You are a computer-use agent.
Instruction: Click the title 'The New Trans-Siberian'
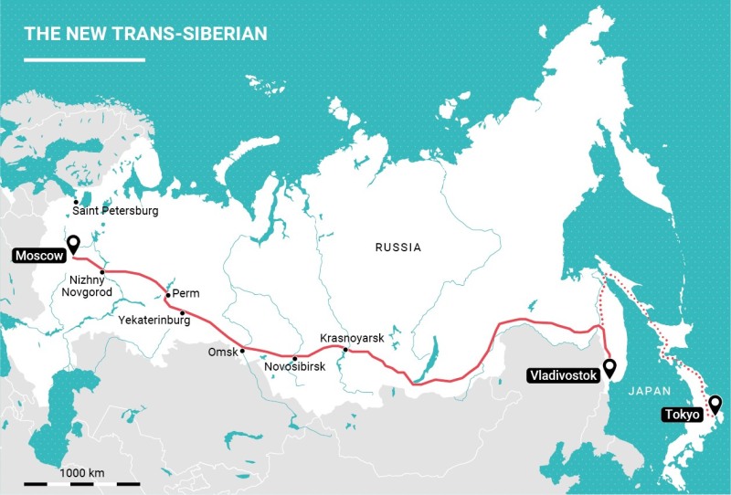click(146, 34)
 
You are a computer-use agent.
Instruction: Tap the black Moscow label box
click(37, 257)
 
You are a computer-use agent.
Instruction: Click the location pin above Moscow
click(74, 243)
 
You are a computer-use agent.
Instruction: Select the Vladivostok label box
click(562, 374)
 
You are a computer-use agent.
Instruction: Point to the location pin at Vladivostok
click(609, 367)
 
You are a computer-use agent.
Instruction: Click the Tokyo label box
click(681, 415)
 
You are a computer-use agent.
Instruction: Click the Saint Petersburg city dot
click(76, 202)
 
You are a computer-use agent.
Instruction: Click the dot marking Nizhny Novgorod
click(102, 272)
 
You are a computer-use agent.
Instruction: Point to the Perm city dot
click(168, 295)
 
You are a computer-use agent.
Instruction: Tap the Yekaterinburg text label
click(154, 321)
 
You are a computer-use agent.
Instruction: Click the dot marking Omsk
click(241, 350)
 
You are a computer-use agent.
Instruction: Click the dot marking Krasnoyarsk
click(344, 350)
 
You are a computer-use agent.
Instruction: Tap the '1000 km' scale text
click(82, 472)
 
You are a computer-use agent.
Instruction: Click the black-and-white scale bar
click(82, 482)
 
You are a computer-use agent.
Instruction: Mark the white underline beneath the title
click(84, 60)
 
